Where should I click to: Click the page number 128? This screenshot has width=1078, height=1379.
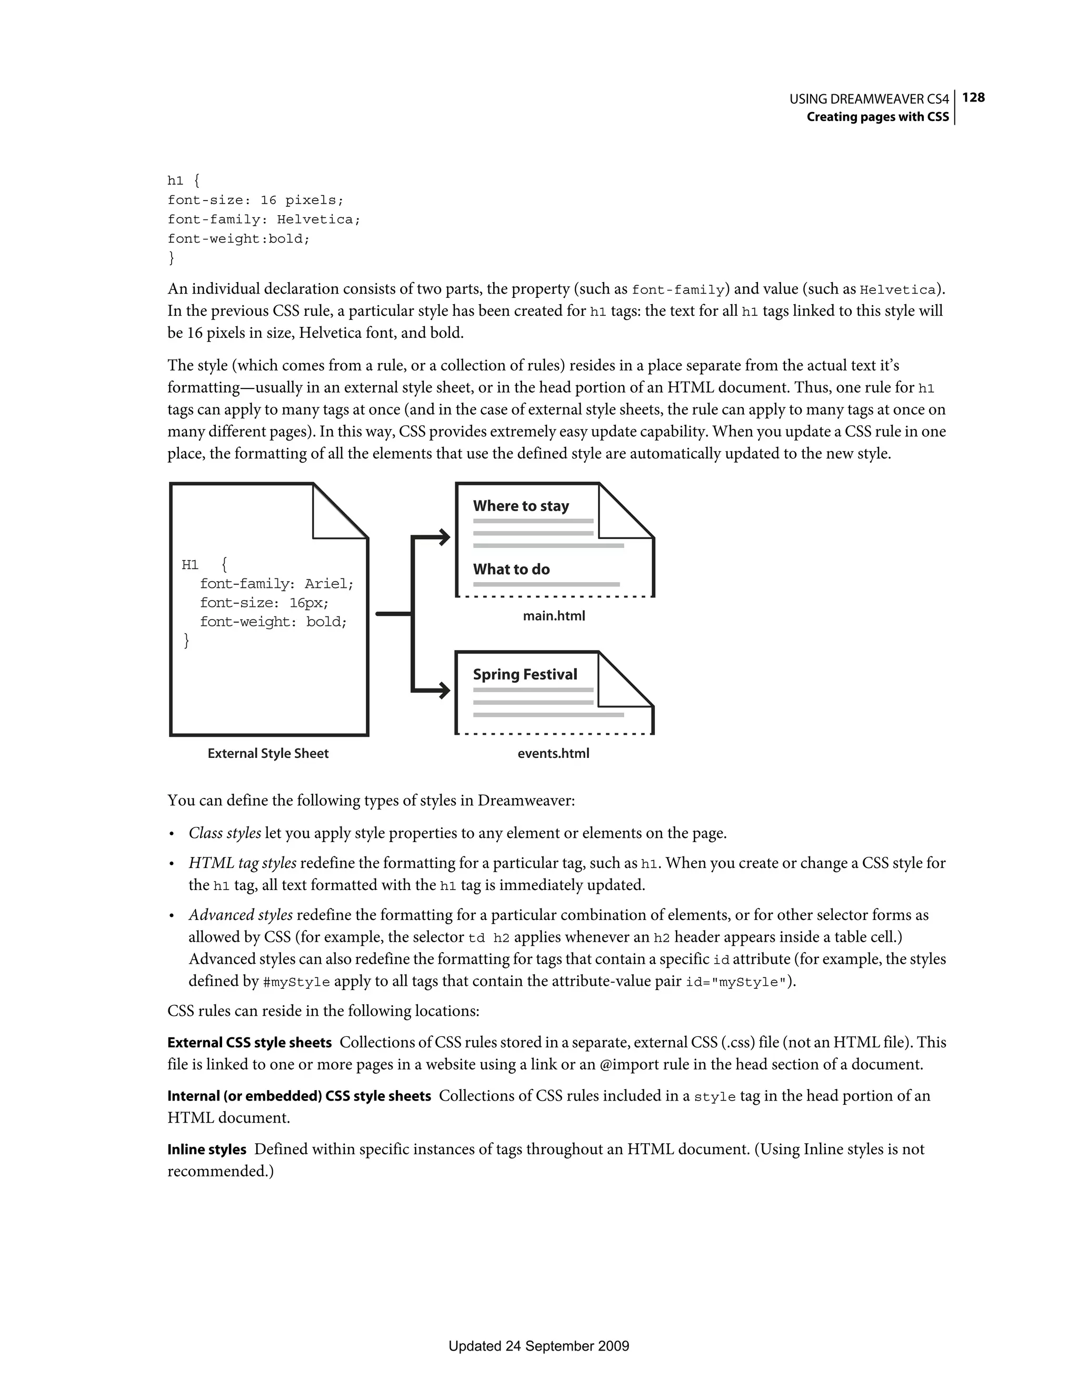tap(974, 98)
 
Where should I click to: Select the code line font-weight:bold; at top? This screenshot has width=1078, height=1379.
tap(239, 238)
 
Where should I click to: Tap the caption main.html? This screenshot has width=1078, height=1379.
tap(554, 616)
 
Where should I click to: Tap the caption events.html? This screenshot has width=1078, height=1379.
tap(553, 753)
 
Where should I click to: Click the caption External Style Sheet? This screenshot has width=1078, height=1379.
tap(268, 753)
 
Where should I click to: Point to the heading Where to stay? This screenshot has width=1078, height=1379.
tap(521, 506)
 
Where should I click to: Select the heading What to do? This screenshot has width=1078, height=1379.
tap(511, 569)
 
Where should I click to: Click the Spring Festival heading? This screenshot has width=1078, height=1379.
tap(525, 674)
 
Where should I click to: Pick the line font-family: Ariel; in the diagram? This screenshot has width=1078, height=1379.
tap(276, 584)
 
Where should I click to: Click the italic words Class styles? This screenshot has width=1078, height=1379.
tap(225, 834)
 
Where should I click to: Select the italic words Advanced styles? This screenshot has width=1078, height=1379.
tap(241, 915)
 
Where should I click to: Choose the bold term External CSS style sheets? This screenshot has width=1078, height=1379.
tap(249, 1043)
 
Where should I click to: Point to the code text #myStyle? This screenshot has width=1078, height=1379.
tap(295, 983)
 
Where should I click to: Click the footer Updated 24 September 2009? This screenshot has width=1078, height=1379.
tap(538, 1346)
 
